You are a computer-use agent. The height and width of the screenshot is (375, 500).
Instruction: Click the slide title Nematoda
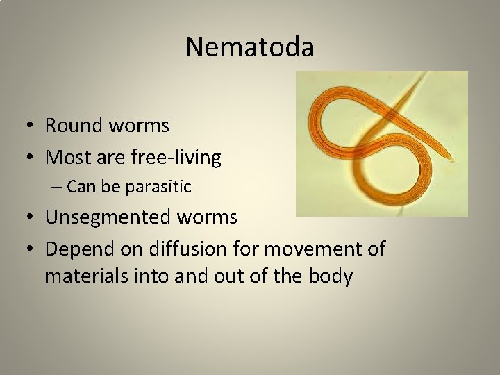pyautogui.click(x=250, y=47)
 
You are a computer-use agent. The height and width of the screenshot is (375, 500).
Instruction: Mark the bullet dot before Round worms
pyautogui.click(x=33, y=126)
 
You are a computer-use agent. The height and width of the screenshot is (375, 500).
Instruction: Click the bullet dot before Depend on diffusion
pyautogui.click(x=33, y=248)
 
